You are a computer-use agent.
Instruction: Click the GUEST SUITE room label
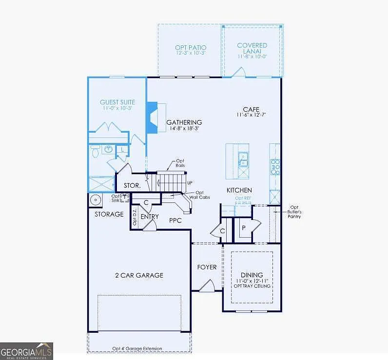point(117,102)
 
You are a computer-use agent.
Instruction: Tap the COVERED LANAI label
point(252,48)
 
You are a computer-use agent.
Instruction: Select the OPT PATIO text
point(191,48)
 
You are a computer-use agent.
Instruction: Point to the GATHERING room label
point(184,122)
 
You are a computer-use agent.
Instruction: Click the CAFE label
point(252,109)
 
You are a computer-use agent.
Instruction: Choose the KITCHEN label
point(239,190)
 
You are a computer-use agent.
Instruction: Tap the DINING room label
point(252,275)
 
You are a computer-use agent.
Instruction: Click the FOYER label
point(207,267)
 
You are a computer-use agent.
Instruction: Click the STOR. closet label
point(132,186)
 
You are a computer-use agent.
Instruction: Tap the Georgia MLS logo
point(26,351)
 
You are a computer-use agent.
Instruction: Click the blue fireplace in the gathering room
point(152,118)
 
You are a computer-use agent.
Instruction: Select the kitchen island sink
point(243,158)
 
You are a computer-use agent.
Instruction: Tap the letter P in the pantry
point(243,227)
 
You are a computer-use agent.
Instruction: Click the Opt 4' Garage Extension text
point(137,348)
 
